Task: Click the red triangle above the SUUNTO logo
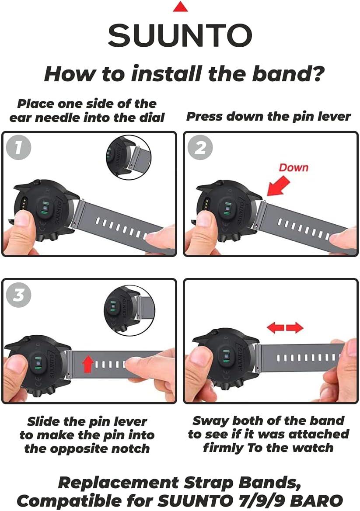click(x=180, y=7)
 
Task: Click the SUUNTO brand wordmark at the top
click(x=180, y=35)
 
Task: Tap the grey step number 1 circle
click(x=18, y=147)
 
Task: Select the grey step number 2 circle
click(x=200, y=147)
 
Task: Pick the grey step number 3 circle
click(x=18, y=295)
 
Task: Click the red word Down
click(x=294, y=167)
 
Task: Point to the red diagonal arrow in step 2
click(x=278, y=186)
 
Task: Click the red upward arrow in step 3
click(x=87, y=363)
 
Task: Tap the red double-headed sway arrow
click(x=285, y=327)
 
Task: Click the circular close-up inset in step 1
click(x=129, y=157)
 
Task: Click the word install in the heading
click(x=167, y=73)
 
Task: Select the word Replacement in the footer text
click(x=119, y=483)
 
